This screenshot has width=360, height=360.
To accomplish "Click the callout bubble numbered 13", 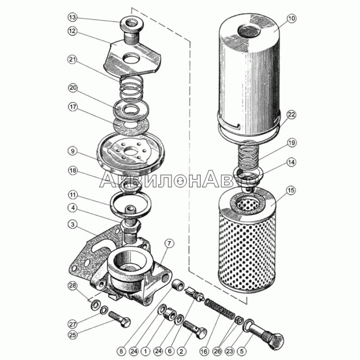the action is pos(72,18).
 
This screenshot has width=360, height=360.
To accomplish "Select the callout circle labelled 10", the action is pos(291,18).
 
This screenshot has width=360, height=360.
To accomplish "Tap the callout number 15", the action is pos(290,190).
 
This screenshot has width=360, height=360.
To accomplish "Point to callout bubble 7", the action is pos(169,244).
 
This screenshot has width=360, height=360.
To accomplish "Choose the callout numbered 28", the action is pos(72,286).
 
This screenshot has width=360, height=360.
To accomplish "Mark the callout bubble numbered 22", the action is pos(291,115).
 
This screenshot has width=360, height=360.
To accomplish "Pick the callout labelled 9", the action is pos(72,151).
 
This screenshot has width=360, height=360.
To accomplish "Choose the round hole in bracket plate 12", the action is pos(131,58).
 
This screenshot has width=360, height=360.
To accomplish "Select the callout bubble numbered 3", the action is pos(72,224).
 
